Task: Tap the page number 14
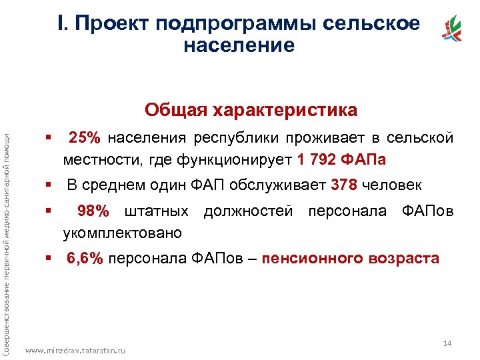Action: (447, 343)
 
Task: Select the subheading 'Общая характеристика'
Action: (251, 109)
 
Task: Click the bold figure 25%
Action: (85, 139)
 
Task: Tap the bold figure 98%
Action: (93, 212)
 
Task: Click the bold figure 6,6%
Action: (85, 259)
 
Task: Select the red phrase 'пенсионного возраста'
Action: (351, 259)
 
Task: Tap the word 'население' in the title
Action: (237, 45)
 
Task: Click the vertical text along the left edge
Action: (7, 240)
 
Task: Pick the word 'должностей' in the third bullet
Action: (248, 212)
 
